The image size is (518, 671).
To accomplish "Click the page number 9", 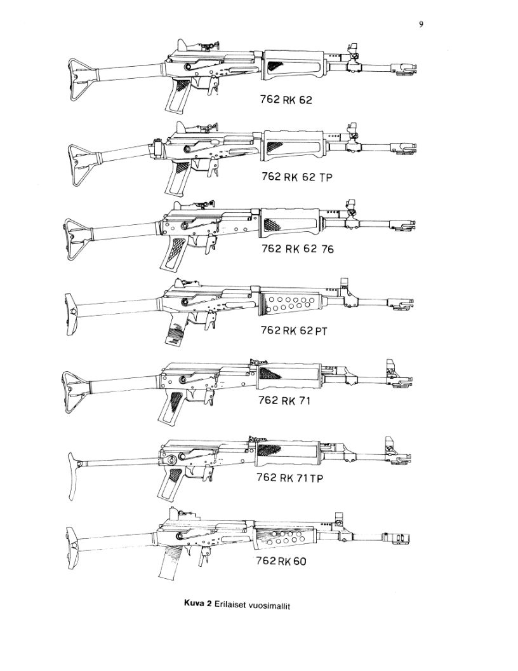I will [x=421, y=25].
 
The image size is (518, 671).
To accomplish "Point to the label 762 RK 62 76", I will [x=297, y=250].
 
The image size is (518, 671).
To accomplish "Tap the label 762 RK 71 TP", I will [x=289, y=478].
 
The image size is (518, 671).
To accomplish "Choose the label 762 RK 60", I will [x=281, y=561].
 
